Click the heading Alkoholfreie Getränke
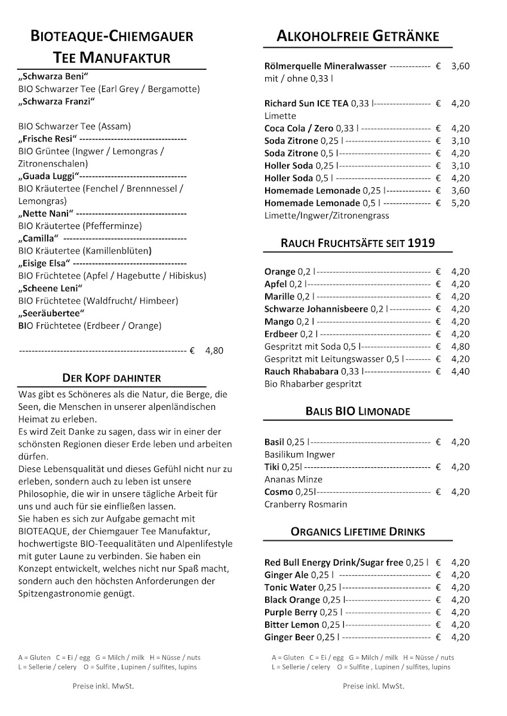[357, 36]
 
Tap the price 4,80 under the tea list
[214, 351]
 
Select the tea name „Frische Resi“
[45, 139]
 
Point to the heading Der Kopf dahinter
[112, 378]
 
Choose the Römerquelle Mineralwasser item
[325, 66]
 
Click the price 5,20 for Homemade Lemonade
[460, 203]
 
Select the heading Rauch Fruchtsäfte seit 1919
[358, 243]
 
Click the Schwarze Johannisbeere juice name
[317, 309]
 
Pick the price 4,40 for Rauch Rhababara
[460, 372]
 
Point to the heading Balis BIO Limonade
[357, 412]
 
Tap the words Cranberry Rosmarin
[305, 505]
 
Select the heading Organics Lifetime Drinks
[358, 532]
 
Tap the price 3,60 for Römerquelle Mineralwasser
[460, 66]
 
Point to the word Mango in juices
[279, 322]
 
